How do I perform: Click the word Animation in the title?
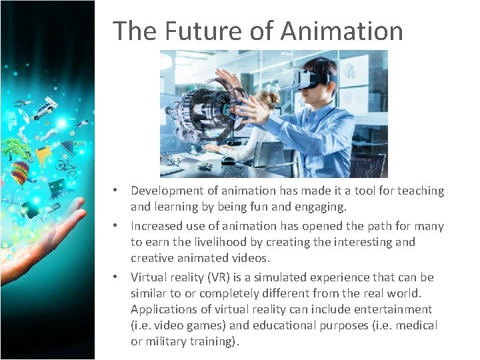(342, 31)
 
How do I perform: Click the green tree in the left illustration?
(15, 148)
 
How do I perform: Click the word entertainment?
(393, 309)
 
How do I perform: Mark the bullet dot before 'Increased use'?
(116, 226)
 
